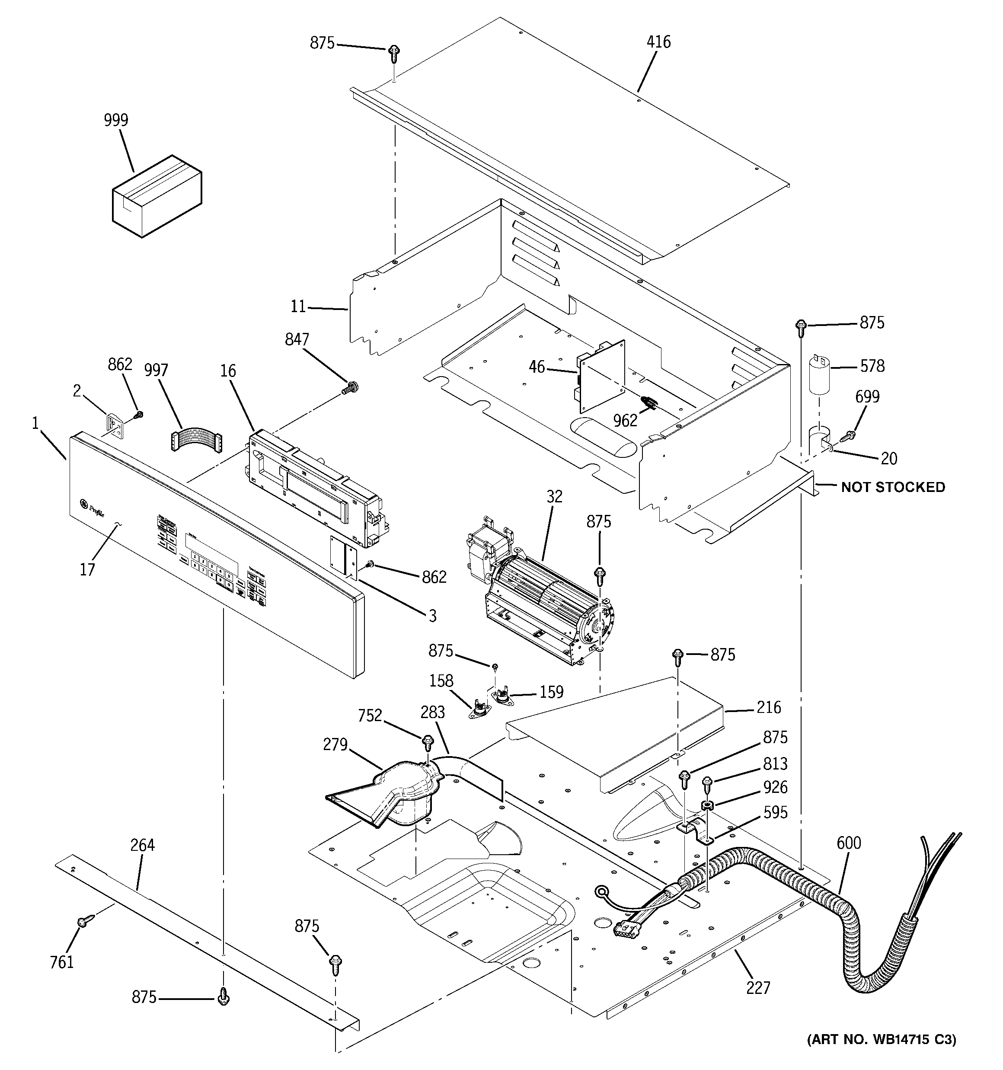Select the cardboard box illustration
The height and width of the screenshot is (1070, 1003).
pos(157,196)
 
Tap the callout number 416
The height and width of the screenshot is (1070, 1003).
pos(658,42)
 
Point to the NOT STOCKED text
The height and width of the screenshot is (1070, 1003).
pos(893,487)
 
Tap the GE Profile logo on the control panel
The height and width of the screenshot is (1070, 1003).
pos(92,505)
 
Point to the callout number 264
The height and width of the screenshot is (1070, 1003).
pos(142,846)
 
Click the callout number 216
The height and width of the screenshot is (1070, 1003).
pos(768,707)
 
